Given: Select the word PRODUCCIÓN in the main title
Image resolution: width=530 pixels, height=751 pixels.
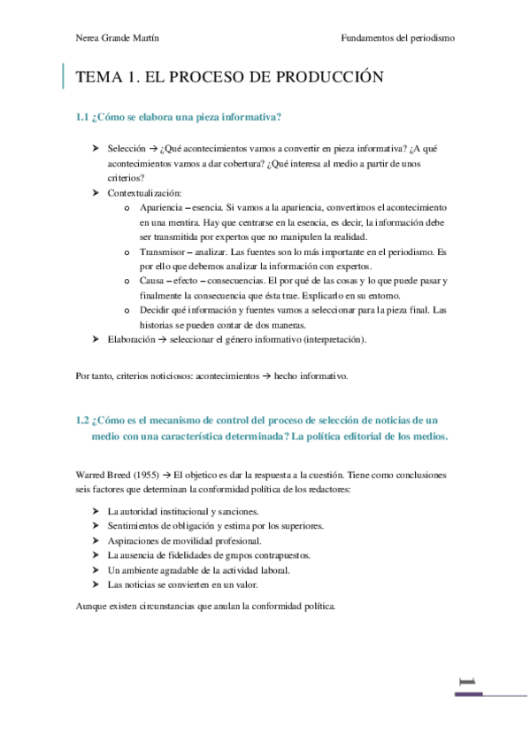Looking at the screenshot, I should point(325,78).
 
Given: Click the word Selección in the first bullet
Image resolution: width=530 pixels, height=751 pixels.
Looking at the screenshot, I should point(126,149).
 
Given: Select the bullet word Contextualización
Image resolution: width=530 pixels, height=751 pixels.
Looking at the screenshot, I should point(144,192).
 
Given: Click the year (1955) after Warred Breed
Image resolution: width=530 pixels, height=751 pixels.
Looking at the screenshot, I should point(148,475).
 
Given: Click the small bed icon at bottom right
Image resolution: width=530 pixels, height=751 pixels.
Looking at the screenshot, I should point(466,680).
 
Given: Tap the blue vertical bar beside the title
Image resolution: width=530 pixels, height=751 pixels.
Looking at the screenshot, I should point(64,77).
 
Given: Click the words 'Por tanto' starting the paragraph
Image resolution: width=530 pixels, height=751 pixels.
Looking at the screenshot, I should point(96,375).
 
